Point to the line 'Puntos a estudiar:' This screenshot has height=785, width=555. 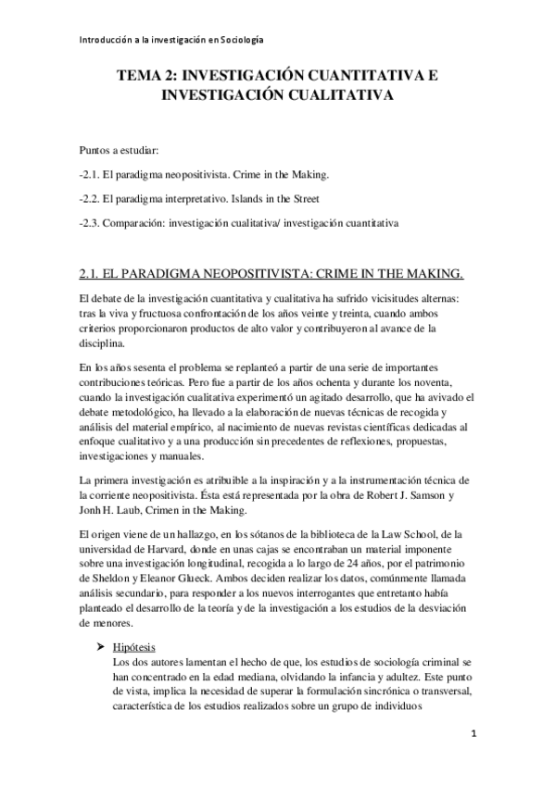coord(119,150)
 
